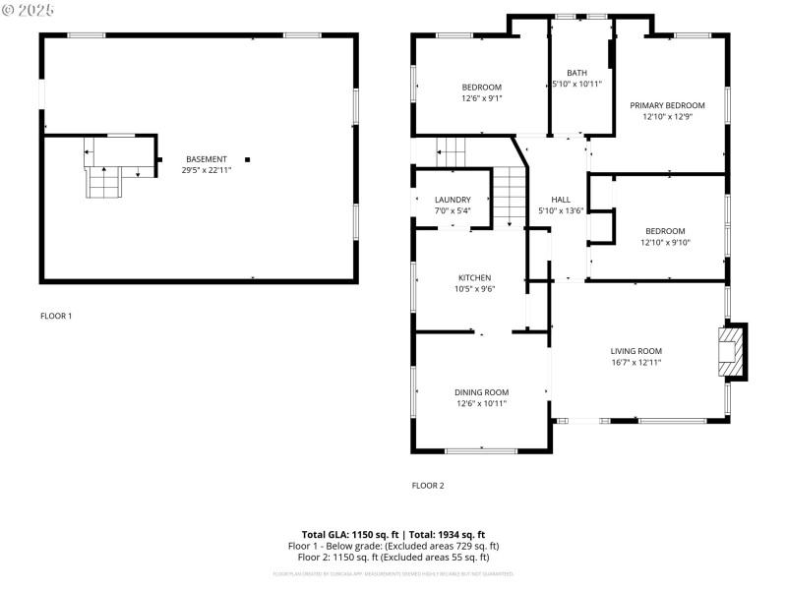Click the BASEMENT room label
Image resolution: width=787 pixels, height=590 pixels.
(206, 159)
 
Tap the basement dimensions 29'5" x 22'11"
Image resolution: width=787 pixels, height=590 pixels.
(206, 170)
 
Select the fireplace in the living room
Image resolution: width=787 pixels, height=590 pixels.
(731, 351)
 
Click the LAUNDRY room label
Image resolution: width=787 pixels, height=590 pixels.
(453, 200)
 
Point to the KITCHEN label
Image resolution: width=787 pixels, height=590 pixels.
(474, 278)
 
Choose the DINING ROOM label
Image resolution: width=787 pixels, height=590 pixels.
(481, 392)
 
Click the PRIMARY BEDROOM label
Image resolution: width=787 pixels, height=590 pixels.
(667, 105)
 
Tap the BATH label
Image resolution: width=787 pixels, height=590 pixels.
(576, 73)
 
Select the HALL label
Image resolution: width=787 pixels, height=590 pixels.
(561, 200)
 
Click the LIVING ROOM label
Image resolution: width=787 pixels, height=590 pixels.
(636, 351)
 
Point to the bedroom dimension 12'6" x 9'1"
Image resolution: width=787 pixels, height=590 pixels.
(481, 98)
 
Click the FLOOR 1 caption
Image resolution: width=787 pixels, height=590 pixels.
(56, 316)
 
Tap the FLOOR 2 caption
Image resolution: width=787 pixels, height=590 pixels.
(428, 485)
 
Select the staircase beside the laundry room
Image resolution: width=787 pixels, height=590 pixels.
(509, 195)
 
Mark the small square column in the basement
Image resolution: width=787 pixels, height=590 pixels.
(247, 159)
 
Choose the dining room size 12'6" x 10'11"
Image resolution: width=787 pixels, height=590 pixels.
(481, 403)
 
